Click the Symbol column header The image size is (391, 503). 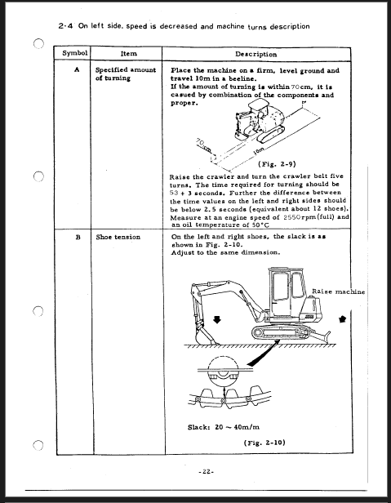[x=75, y=53]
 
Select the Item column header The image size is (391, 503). [x=129, y=54]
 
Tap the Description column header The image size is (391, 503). [x=256, y=54]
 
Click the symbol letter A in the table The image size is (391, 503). [x=77, y=69]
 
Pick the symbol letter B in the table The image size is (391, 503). [x=78, y=238]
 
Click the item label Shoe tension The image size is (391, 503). [x=118, y=237]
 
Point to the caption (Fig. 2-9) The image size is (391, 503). [x=277, y=164]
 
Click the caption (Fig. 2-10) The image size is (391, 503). [x=264, y=443]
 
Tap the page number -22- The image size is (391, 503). [x=207, y=472]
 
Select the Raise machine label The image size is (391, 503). [x=339, y=292]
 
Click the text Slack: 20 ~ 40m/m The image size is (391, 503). [x=224, y=427]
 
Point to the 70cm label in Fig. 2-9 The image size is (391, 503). [x=203, y=145]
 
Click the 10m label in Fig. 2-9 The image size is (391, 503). [x=259, y=150]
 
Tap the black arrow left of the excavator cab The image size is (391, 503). [x=217, y=319]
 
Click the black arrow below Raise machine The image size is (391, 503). [x=343, y=319]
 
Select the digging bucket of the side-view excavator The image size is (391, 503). [x=205, y=336]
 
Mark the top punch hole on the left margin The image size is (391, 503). [x=38, y=43]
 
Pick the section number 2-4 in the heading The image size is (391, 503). [x=66, y=26]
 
